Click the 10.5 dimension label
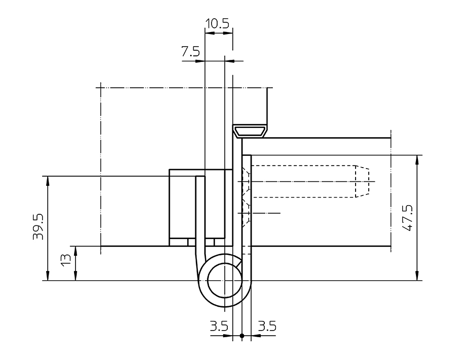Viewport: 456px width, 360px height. [218, 23]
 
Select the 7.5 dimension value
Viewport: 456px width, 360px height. [191, 51]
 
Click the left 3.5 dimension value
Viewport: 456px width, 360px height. [219, 326]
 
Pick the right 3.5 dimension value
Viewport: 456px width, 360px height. [267, 326]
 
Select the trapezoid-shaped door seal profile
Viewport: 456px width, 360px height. [250, 131]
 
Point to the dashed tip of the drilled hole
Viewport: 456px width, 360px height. [362, 182]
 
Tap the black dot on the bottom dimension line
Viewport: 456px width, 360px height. [242, 336]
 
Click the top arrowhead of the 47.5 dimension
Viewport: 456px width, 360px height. [417, 158]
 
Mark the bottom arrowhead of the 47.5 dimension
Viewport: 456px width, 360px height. [417, 276]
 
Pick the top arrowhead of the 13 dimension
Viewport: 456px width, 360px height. [76, 249]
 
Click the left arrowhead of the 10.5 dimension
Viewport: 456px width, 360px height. [208, 34]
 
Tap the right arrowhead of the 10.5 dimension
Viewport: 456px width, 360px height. [229, 34]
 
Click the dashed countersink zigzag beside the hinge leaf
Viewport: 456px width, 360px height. [245, 195]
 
